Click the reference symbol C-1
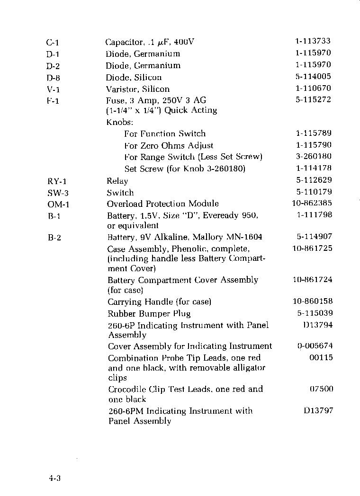[52, 43]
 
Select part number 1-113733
[313, 41]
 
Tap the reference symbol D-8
[53, 78]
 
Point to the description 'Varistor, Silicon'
[137, 89]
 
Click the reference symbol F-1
[53, 101]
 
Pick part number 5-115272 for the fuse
[313, 99]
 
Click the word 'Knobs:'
[118, 122]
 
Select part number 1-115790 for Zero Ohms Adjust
[314, 145]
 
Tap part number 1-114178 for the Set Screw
[314, 168]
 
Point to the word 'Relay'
[117, 181]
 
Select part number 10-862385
[312, 204]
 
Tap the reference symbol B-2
[54, 238]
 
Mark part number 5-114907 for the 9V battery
[314, 236]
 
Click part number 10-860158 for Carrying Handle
[312, 301]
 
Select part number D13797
[318, 410]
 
